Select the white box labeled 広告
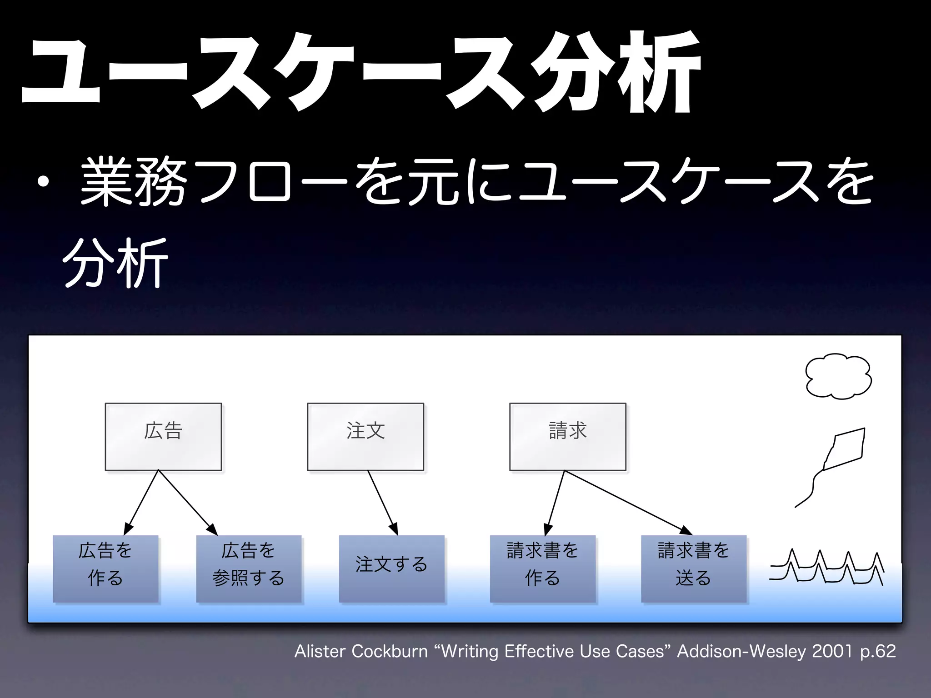(163, 436)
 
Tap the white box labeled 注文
(365, 436)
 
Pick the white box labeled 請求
(567, 436)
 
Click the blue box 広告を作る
(105, 568)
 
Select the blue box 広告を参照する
(249, 568)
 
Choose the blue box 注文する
(391, 568)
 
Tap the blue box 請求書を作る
(542, 568)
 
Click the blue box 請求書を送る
(694, 568)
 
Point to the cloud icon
(838, 376)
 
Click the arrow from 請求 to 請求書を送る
(627, 502)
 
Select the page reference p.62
(877, 651)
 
